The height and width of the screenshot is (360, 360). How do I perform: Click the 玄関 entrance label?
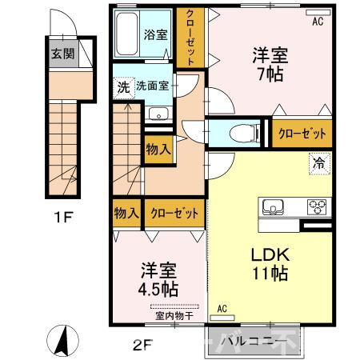point(62,54)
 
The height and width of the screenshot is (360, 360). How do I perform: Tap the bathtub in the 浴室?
point(127,34)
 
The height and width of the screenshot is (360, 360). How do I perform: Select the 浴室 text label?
point(156,35)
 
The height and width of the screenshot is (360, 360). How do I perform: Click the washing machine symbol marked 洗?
point(124,88)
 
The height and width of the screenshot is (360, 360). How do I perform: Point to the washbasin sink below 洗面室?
point(158,114)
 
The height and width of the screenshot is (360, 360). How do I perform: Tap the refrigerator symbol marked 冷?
point(320,164)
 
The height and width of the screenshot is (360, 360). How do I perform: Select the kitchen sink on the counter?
point(273,207)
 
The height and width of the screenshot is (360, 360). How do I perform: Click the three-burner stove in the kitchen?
point(317,207)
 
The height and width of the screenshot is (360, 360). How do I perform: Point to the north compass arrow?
point(62,341)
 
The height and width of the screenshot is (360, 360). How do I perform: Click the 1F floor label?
point(63,217)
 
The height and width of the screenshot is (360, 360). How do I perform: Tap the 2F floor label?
point(142,346)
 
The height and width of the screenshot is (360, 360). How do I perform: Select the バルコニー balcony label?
point(252,342)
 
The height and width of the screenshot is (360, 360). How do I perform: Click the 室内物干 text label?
point(174,316)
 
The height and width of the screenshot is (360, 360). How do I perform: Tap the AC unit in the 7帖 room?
point(318,13)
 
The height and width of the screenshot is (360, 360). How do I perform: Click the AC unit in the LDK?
point(222,318)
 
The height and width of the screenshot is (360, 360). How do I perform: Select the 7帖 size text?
point(270,74)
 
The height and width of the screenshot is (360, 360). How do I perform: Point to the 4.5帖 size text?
point(158,289)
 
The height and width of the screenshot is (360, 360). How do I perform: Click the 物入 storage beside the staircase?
point(158,150)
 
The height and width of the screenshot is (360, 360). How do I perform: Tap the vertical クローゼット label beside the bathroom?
point(190,38)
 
